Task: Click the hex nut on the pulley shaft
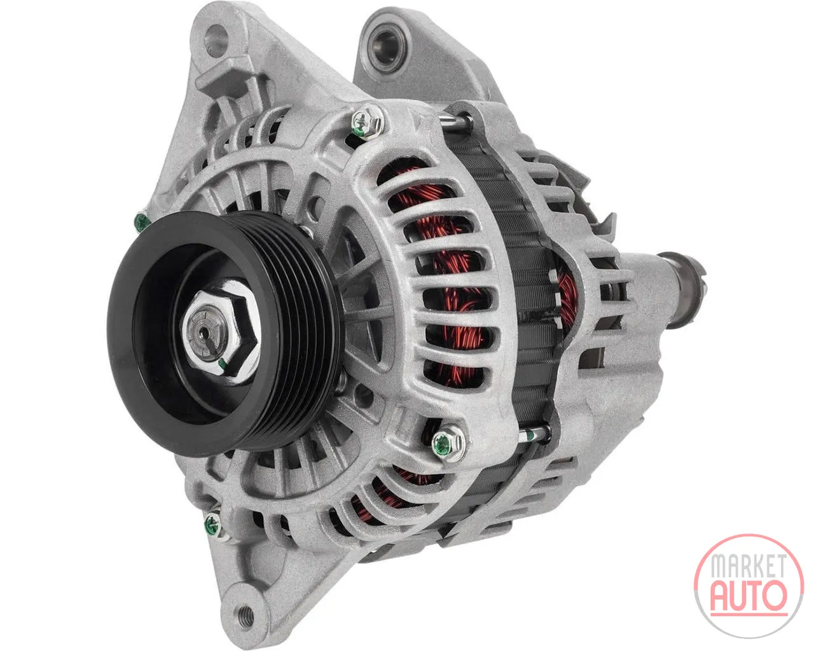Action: point(221,330)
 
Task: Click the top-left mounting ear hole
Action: point(216,39)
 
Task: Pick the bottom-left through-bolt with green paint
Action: point(212,524)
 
